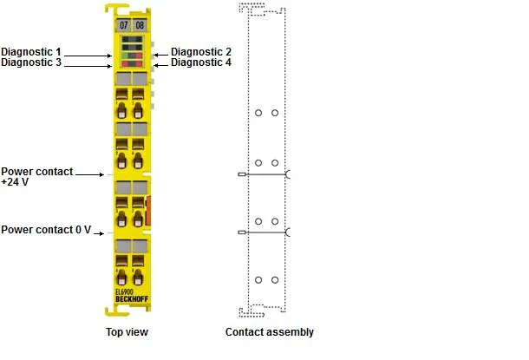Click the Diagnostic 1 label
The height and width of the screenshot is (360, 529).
point(31,52)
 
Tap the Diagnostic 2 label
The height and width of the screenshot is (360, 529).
point(201,52)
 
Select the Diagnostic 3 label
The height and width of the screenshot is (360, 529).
point(31,62)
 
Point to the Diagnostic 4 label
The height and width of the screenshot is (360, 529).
point(201,62)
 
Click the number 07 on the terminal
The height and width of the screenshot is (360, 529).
point(123,25)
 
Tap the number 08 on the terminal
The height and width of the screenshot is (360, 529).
point(140,25)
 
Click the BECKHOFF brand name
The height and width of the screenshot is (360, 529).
point(132,299)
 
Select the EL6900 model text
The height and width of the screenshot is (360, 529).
point(124,292)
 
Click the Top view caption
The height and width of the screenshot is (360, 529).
point(127,332)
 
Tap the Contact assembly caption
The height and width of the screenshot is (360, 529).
point(270,332)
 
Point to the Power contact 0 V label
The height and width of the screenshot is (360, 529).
point(46,230)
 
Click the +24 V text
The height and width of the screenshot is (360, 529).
point(15,182)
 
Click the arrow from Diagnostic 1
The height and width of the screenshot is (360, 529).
point(88,56)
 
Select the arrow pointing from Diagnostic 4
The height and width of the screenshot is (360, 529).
point(161,65)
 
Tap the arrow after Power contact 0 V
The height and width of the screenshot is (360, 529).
point(99,233)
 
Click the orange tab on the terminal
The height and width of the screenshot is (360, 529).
point(147,211)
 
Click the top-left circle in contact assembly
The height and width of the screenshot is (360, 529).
point(258,113)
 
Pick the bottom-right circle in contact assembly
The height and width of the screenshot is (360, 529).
point(275,280)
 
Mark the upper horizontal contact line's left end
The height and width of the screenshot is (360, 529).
point(238,174)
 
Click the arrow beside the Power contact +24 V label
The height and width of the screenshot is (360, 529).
point(89,174)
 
